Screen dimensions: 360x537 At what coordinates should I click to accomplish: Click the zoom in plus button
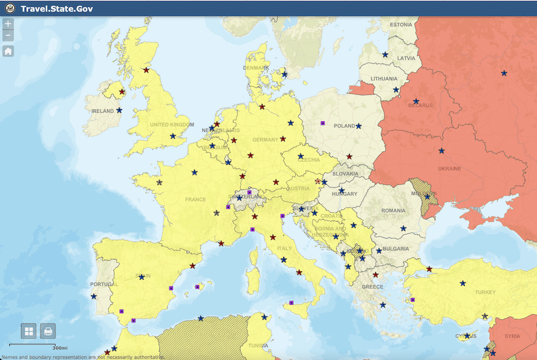[8, 24]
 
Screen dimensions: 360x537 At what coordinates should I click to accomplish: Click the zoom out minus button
[8, 36]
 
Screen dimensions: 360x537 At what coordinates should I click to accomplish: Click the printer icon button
[48, 331]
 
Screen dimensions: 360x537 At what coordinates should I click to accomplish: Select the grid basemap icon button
[28, 331]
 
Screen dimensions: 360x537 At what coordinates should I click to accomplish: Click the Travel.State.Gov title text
[57, 8]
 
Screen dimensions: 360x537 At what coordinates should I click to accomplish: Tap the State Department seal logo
[10, 8]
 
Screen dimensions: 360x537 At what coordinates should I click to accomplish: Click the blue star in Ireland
[120, 110]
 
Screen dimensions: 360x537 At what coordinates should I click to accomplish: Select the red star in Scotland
[146, 70]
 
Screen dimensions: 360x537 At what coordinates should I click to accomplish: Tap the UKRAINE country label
[449, 168]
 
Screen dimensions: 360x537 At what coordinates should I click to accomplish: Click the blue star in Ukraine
[441, 151]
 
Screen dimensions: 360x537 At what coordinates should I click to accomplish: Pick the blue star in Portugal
[94, 297]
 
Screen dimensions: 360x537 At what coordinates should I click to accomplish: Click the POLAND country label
[345, 126]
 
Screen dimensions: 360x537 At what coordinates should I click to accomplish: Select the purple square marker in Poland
[323, 123]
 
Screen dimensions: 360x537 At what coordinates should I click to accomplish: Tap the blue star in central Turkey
[463, 283]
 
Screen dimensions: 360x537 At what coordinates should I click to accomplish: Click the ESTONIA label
[401, 25]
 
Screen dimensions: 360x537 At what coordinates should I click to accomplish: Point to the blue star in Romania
[403, 228]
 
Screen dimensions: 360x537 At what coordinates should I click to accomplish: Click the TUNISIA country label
[257, 346]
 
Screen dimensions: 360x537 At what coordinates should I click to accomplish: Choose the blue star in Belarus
[416, 101]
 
